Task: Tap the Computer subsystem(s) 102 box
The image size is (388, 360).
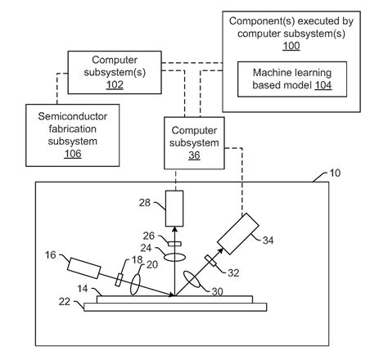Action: (x=114, y=71)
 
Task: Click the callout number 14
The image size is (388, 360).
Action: (x=83, y=290)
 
